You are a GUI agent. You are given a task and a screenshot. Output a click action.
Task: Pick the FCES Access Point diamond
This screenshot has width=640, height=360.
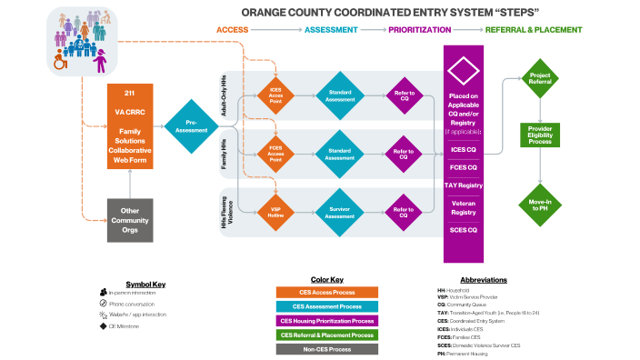tap(275, 154)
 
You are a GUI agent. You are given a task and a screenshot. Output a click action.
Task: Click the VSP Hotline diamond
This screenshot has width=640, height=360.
tap(275, 213)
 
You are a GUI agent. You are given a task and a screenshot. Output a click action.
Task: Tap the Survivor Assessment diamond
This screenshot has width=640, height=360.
tap(339, 213)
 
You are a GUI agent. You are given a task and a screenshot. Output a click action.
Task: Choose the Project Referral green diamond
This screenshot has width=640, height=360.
tap(541, 76)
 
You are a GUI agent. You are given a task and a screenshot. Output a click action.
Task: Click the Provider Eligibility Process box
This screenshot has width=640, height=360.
tap(541, 135)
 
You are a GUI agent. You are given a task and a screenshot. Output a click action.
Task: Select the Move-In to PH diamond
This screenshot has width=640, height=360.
tap(541, 204)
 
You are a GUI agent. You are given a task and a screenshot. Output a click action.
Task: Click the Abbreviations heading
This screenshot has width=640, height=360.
tap(483, 279)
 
